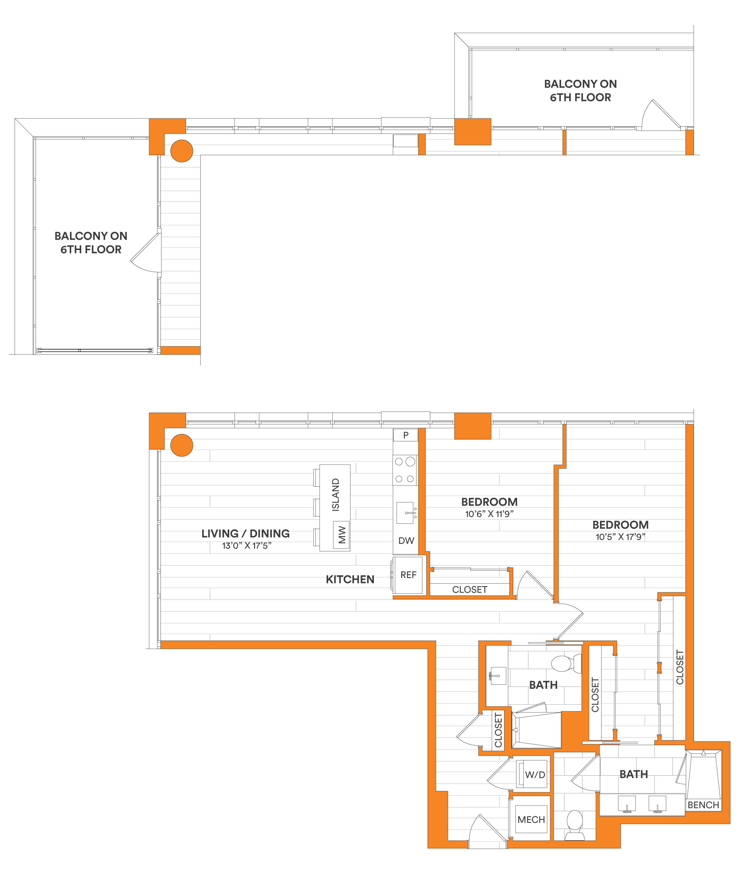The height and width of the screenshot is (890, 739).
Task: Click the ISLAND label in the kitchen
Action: point(335,494)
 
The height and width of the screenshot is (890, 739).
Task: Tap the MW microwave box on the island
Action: point(341,535)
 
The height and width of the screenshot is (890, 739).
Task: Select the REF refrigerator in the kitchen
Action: point(408,575)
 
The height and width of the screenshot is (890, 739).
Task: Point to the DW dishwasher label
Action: point(406,541)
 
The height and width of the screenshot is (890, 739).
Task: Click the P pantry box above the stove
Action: point(406,435)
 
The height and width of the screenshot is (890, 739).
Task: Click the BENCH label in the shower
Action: point(703,805)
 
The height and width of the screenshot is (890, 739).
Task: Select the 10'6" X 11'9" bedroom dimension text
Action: point(489,514)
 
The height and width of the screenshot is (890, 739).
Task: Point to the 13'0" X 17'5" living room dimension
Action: point(246,546)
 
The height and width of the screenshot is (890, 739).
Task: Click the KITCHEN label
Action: point(350,579)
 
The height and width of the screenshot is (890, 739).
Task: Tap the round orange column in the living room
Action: point(181,445)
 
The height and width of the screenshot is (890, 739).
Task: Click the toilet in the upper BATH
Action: point(565,664)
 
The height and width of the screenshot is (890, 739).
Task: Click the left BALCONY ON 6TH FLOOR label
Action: point(91,243)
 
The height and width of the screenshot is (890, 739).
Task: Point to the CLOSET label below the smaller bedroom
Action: point(469,590)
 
